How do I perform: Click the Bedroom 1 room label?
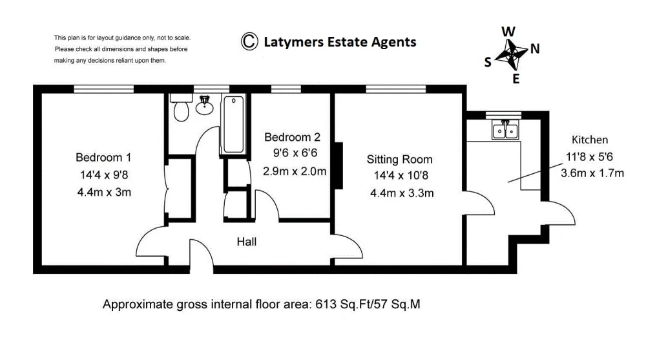(103, 157)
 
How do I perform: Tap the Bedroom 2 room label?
(292, 137)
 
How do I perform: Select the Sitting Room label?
(400, 159)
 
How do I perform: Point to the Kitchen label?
(590, 140)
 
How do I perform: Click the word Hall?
(246, 242)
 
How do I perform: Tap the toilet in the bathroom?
(182, 107)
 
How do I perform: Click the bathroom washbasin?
(204, 105)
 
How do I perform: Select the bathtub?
(234, 123)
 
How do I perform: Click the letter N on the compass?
(535, 49)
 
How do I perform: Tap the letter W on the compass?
(508, 31)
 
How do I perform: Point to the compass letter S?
(488, 62)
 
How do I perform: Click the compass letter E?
(516, 78)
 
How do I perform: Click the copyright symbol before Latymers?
(249, 41)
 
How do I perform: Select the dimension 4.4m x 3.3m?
(402, 193)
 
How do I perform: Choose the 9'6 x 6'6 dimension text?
(295, 153)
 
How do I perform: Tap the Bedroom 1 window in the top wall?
(104, 89)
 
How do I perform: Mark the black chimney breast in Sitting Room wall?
(339, 165)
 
